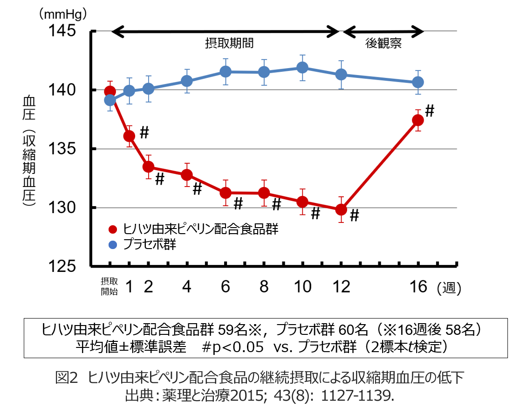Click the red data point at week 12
(x=341, y=209)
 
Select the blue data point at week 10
(x=302, y=68)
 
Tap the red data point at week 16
(x=418, y=120)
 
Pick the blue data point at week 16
(x=418, y=82)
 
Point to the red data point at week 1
(x=129, y=136)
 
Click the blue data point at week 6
(x=226, y=71)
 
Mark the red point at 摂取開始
(x=110, y=91)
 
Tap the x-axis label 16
(x=419, y=286)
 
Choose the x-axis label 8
(x=264, y=286)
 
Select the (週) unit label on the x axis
(x=449, y=288)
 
